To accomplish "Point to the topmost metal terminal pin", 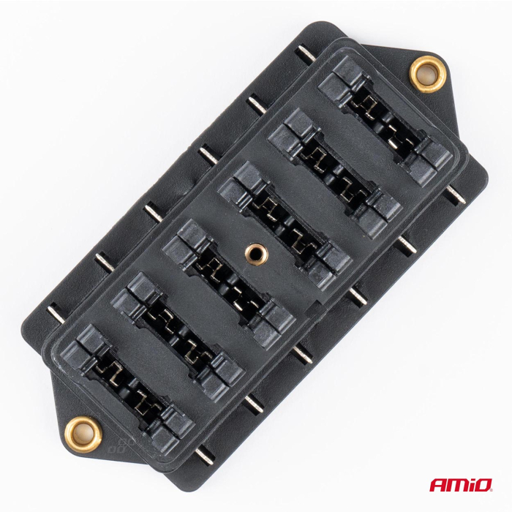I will [x=301, y=53].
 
